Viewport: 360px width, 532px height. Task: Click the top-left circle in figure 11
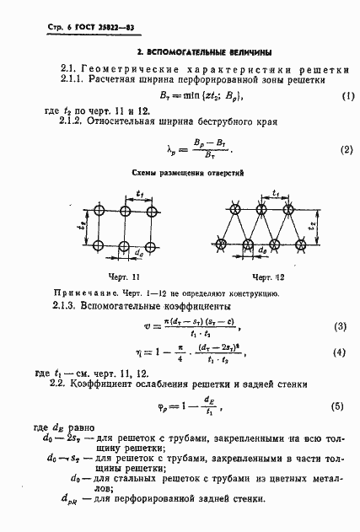click(x=99, y=209)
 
